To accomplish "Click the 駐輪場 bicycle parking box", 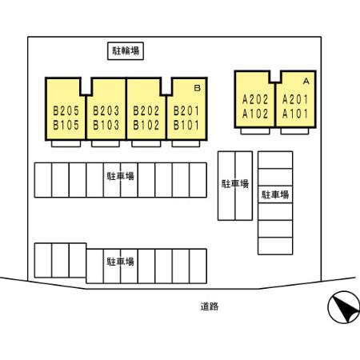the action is pyautogui.click(x=126, y=51).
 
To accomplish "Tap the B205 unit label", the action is pyautogui.click(x=66, y=110).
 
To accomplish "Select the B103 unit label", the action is pyautogui.click(x=106, y=125).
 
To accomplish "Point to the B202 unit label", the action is pyautogui.click(x=146, y=110).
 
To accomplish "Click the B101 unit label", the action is pyautogui.click(x=186, y=125).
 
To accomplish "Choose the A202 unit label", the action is pyautogui.click(x=255, y=100).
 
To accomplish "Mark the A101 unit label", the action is pyautogui.click(x=295, y=114).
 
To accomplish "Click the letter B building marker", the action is pyautogui.click(x=198, y=88).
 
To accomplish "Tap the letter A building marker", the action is pyautogui.click(x=306, y=81).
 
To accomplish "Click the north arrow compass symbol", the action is pyautogui.click(x=344, y=307).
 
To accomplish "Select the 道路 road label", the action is pyautogui.click(x=210, y=306).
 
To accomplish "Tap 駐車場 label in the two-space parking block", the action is pyautogui.click(x=235, y=184).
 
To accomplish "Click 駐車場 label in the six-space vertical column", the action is pyautogui.click(x=275, y=194).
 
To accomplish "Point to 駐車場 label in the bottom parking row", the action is pyautogui.click(x=121, y=262).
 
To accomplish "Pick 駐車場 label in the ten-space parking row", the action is pyautogui.click(x=121, y=176).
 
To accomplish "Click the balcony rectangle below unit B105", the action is pyautogui.click(x=66, y=144).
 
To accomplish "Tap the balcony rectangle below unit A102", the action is pyautogui.click(x=255, y=131).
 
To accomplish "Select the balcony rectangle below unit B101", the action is pyautogui.click(x=186, y=144).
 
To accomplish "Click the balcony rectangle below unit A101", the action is pyautogui.click(x=294, y=131).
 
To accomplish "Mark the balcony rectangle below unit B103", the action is pyautogui.click(x=106, y=144).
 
